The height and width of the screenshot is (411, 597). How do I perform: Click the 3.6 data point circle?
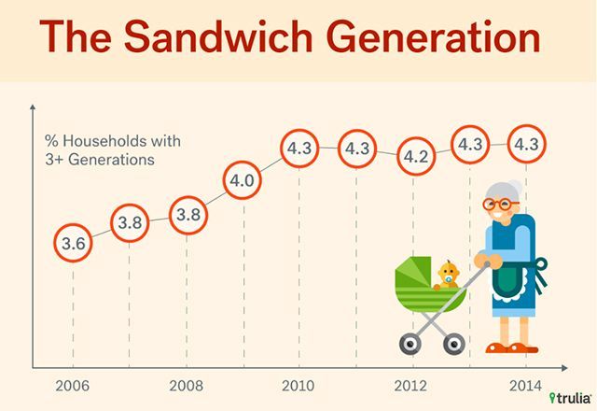73,245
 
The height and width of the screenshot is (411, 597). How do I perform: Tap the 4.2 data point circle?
413,156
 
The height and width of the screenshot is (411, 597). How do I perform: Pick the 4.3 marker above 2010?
298,148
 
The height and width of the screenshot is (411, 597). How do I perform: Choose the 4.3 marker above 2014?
526,146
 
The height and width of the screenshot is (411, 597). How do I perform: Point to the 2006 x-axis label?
73,386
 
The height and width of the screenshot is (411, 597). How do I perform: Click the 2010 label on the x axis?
298,386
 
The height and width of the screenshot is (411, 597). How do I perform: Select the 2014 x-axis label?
526,386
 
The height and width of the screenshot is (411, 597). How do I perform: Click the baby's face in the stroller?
446,274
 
